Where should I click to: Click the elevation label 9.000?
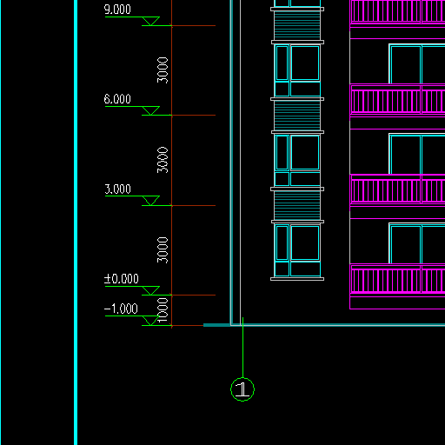117,10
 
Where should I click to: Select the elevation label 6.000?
117,99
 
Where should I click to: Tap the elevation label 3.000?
117,189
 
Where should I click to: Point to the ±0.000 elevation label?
122,279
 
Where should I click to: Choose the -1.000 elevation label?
121,309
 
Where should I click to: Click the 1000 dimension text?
163,310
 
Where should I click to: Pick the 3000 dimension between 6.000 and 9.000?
163,70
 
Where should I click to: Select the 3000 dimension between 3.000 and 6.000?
163,160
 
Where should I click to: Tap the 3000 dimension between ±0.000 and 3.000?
163,250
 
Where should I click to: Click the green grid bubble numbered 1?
242,389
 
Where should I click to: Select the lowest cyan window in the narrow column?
297,250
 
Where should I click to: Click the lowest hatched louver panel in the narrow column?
297,205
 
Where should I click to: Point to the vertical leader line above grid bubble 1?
242,348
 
